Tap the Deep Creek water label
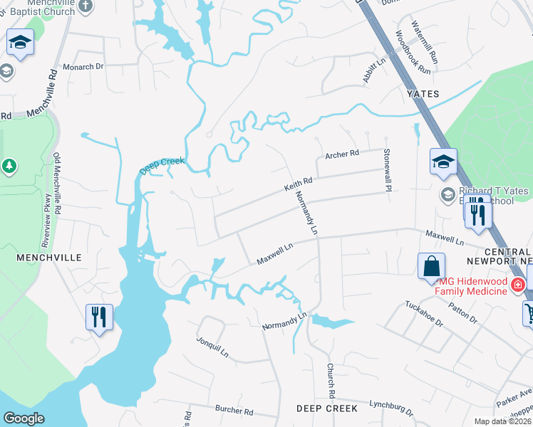click(x=162, y=167)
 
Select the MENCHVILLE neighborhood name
click(x=34, y=258)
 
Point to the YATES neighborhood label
click(x=423, y=94)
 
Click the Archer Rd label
click(x=342, y=154)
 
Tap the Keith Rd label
click(x=299, y=185)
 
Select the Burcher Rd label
click(x=234, y=411)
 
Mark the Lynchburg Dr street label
click(x=391, y=407)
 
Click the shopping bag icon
click(x=432, y=267)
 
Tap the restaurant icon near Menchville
click(x=99, y=316)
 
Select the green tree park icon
click(x=10, y=167)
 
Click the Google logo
click(x=24, y=418)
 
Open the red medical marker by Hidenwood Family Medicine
click(x=518, y=285)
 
